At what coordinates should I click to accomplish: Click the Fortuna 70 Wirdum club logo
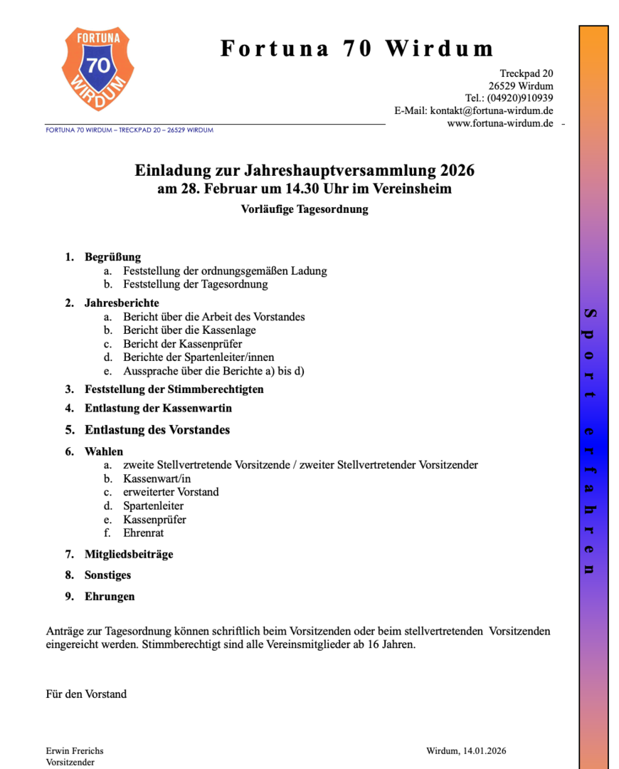[x=97, y=68]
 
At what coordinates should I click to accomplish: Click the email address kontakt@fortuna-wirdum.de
[x=492, y=110]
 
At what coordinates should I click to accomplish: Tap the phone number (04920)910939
[x=520, y=98]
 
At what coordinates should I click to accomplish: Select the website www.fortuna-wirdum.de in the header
[x=500, y=123]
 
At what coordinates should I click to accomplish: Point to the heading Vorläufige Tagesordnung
[x=305, y=209]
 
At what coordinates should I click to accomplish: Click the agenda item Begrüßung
[x=112, y=257]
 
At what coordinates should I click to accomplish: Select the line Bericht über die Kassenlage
[x=189, y=330]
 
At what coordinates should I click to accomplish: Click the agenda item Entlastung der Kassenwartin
[x=158, y=409]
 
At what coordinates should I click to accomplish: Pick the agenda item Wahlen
[x=104, y=451]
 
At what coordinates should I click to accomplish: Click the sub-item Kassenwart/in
[x=157, y=478]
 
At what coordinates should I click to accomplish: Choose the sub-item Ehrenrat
[x=144, y=533]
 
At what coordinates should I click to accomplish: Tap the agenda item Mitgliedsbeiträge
[x=129, y=554]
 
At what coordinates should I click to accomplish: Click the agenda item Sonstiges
[x=107, y=575]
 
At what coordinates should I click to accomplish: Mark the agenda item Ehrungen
[x=110, y=596]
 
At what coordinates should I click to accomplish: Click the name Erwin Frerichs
[x=75, y=750]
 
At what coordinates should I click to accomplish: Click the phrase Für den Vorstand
[x=86, y=694]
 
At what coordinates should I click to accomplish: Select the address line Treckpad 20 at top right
[x=526, y=73]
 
